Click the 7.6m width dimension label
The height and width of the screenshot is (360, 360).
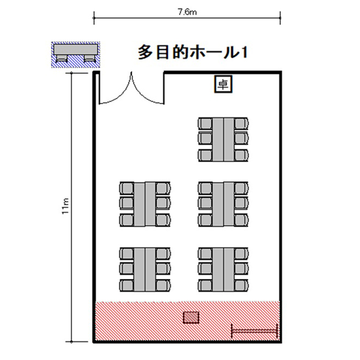187,12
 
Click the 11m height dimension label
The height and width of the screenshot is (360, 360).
66,206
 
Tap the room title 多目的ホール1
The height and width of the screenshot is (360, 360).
192,53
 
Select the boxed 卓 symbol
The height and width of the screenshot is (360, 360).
223,84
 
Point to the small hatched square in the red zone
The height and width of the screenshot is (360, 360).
191,317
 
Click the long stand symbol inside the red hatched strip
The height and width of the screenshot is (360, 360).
254,331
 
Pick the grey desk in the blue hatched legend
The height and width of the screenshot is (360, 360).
75,49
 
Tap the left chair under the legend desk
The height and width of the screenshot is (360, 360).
61,58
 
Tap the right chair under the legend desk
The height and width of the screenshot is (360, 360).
90,58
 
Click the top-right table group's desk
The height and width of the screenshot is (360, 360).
223,140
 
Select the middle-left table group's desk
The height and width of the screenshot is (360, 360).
144,204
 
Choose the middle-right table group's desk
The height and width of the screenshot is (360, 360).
223,204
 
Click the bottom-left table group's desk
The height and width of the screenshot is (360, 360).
144,270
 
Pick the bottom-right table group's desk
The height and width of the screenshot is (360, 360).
223,270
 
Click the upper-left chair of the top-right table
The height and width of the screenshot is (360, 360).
205,123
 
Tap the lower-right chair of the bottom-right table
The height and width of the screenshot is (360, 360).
241,286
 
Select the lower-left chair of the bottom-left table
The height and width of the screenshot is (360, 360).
127,286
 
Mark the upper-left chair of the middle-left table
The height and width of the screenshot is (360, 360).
127,188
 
